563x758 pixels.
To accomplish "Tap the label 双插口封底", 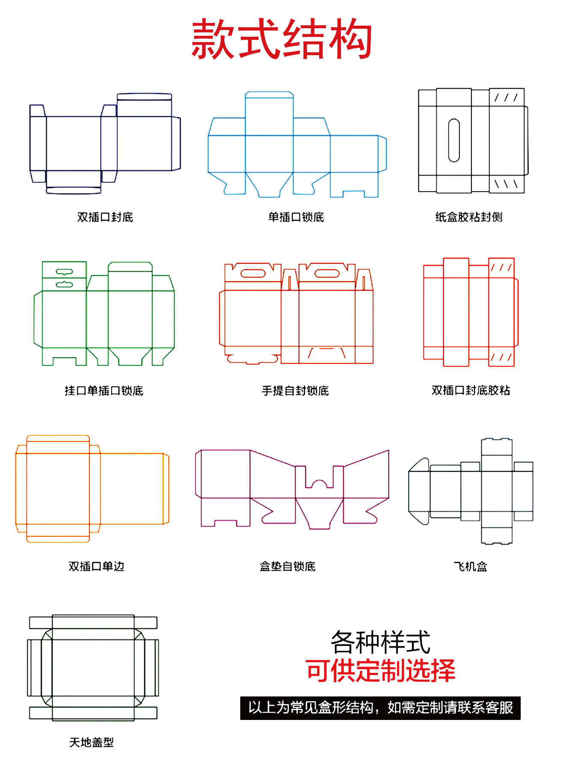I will point(105,217).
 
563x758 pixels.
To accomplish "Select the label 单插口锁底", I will point(296,217).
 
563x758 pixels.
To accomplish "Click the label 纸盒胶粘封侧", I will point(468,217).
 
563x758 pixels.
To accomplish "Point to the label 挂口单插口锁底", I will point(104,391).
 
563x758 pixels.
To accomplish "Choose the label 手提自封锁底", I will point(295,391).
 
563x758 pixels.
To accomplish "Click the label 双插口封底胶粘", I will point(471,390).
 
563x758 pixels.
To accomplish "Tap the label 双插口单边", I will point(96,566).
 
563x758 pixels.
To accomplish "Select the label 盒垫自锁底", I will point(287,566).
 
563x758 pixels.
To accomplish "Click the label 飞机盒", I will point(470,566).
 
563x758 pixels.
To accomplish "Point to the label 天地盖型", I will point(92,742).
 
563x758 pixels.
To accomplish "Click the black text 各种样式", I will point(380,642).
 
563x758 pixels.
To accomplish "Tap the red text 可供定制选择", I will point(380,670).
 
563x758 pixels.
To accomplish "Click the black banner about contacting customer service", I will point(380,708).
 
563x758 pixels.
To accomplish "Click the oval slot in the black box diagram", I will point(453,141).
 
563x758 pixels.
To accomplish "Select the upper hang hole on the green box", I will point(64,271).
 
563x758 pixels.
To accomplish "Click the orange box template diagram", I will point(92,489).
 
